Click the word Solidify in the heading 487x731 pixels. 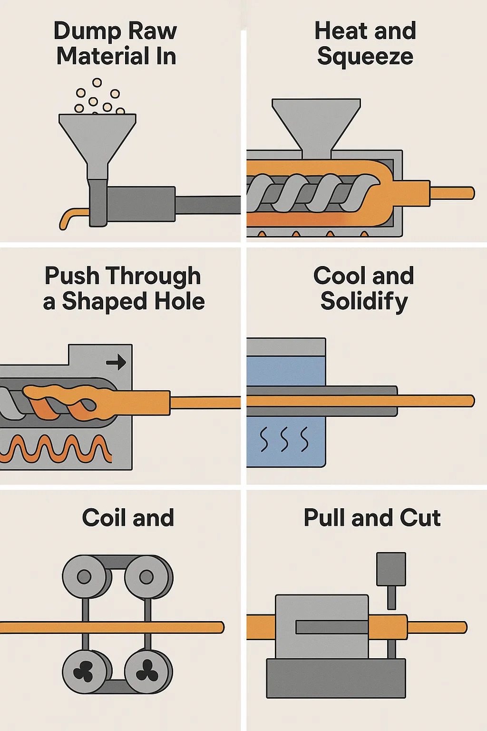(x=364, y=302)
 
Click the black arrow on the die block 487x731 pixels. (x=116, y=363)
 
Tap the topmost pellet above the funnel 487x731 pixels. (x=97, y=83)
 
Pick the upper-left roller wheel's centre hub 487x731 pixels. (x=84, y=577)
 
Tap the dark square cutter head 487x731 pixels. (x=391, y=569)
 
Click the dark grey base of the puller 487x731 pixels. (x=335, y=678)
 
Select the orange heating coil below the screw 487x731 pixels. (x=57, y=450)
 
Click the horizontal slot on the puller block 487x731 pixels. (x=331, y=627)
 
